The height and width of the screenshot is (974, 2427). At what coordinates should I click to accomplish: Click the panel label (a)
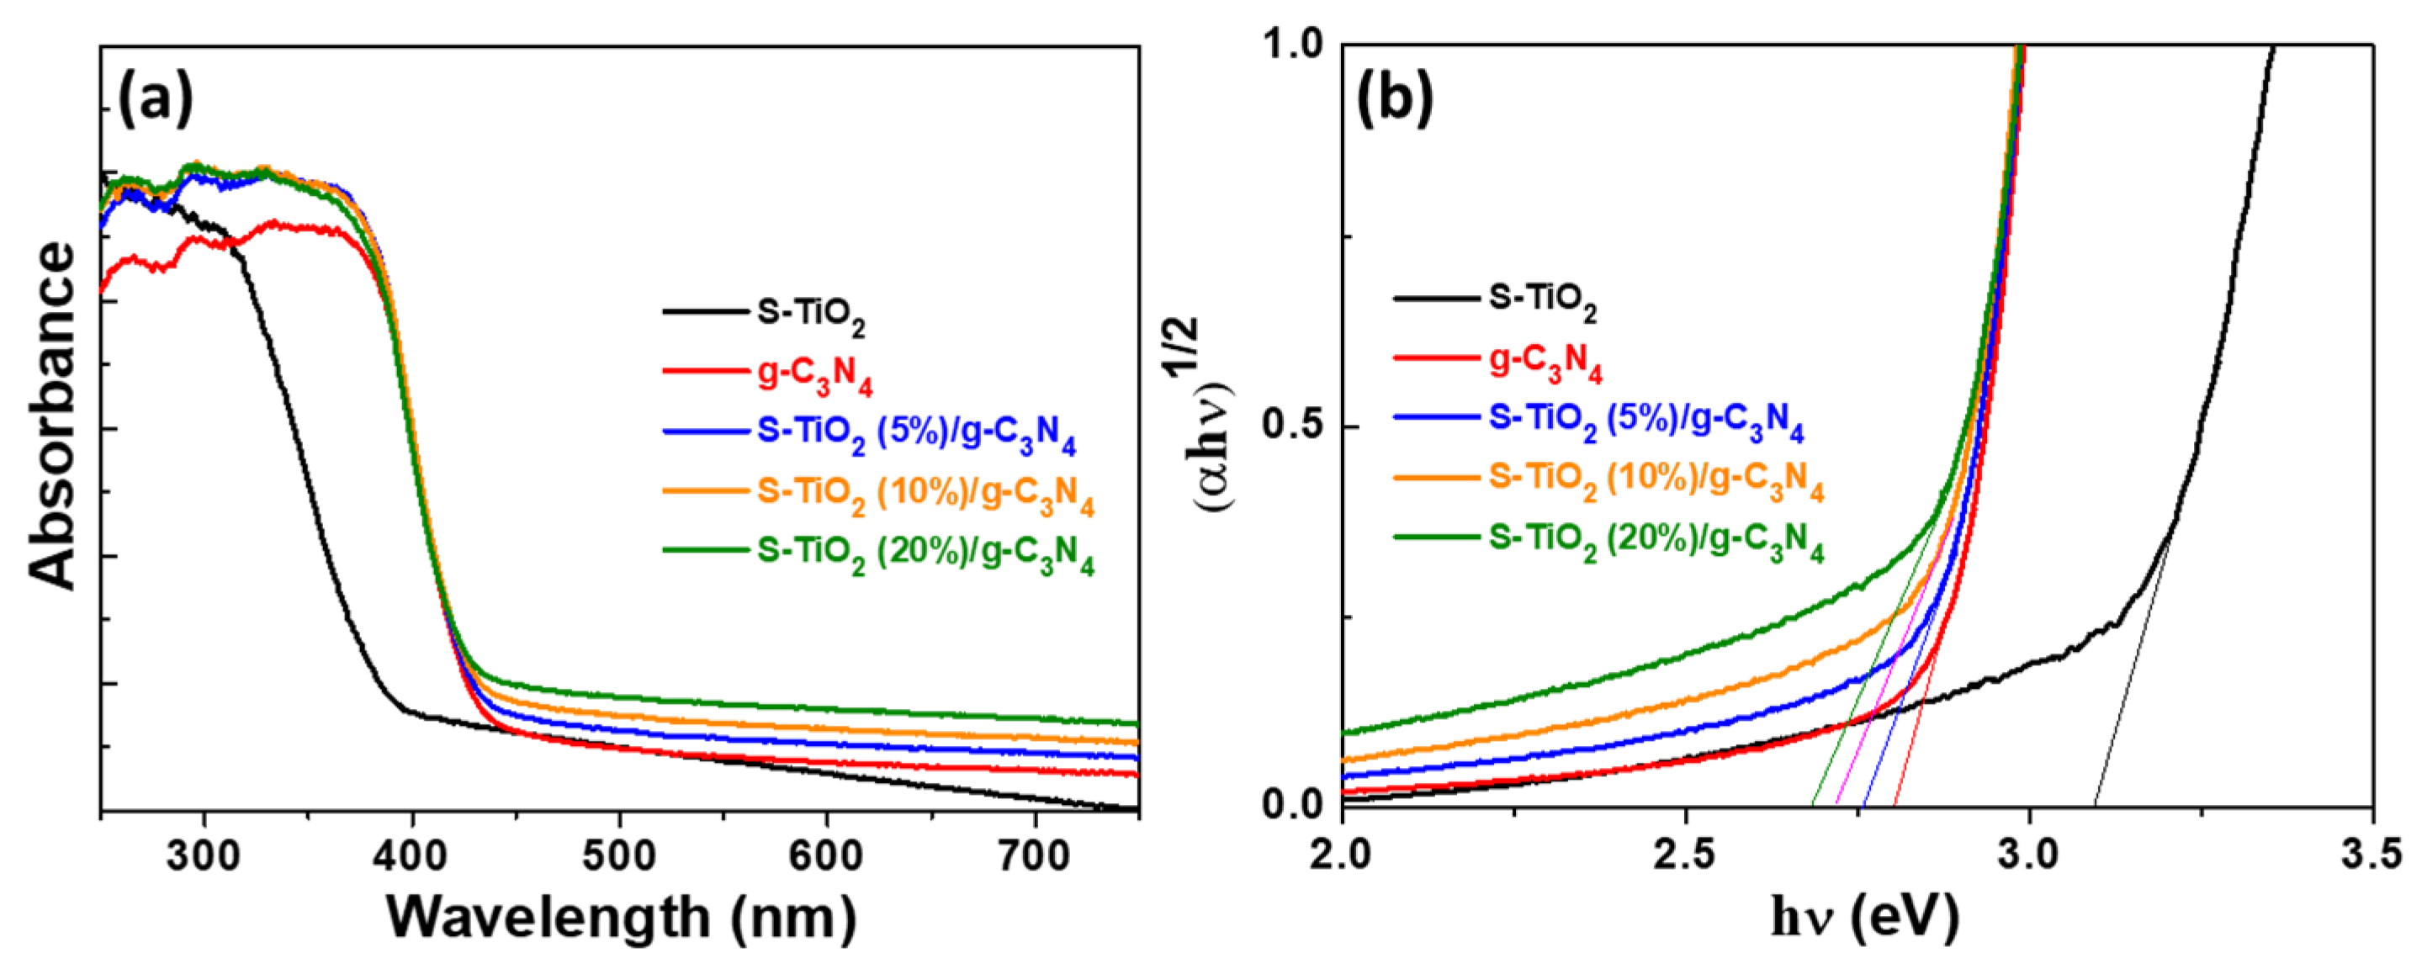coord(155,100)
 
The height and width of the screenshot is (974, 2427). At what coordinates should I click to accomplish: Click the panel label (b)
coord(1395,100)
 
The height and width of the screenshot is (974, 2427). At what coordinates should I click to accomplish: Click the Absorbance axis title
coord(53,415)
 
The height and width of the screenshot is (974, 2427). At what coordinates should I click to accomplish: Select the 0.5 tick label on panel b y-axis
coord(1295,426)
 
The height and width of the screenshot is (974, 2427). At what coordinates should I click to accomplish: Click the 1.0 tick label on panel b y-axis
coord(1295,45)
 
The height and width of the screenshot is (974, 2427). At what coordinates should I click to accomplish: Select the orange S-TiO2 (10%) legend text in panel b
coord(1656,481)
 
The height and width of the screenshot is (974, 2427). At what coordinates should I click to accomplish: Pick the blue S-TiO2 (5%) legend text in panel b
coord(1645,421)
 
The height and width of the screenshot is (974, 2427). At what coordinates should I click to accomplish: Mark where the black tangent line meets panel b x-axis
coord(2095,806)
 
